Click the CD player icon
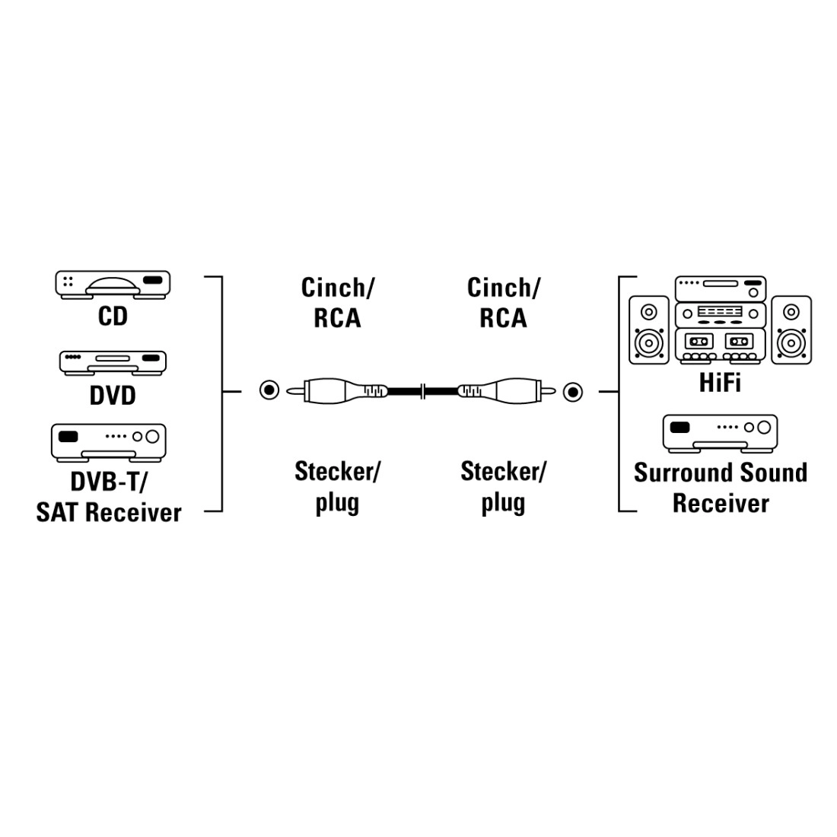[113, 284]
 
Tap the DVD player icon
[113, 361]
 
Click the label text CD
[113, 316]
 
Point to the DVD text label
[113, 395]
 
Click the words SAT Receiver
[109, 512]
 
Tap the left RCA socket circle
[269, 391]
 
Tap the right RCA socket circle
[573, 392]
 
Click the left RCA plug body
[339, 391]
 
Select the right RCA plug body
[498, 392]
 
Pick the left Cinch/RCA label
[337, 302]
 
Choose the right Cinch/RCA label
[503, 302]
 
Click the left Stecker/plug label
[337, 486]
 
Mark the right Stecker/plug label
[503, 486]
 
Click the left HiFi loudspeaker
[648, 329]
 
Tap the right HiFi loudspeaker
[791, 329]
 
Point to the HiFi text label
[720, 382]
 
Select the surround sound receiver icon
[720, 433]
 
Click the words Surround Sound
[720, 473]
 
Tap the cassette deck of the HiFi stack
[720, 345]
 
